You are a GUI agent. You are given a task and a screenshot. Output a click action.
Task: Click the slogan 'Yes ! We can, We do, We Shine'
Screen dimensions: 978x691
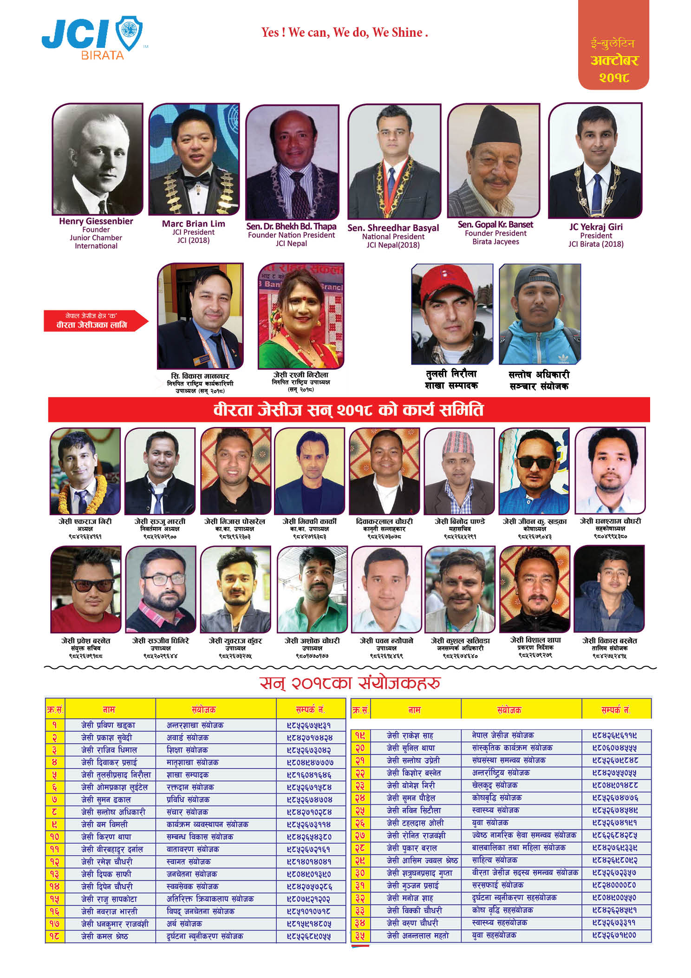tap(344, 33)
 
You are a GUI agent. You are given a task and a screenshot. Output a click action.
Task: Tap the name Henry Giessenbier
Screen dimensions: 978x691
tap(96, 221)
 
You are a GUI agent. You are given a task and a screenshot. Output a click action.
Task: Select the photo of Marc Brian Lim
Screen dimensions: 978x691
tap(194, 159)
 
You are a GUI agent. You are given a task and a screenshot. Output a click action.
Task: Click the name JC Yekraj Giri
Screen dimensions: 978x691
tap(596, 227)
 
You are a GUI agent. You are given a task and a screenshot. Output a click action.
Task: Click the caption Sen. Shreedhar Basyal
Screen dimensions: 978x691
tap(393, 228)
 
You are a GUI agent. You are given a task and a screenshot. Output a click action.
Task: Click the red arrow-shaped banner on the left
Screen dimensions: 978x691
tap(95, 321)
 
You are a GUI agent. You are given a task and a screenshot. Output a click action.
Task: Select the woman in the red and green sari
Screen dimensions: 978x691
tap(301, 316)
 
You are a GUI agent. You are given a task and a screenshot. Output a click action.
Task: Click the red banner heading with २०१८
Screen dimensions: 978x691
tap(348, 410)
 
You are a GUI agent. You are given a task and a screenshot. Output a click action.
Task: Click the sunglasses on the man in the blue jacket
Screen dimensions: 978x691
tap(535, 462)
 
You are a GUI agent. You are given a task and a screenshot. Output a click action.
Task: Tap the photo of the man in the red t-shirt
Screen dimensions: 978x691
tap(85, 589)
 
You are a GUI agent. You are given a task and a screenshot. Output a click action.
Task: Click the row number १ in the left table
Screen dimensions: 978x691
tap(54, 725)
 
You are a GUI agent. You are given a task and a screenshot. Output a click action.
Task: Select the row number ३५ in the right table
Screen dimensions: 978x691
tap(360, 936)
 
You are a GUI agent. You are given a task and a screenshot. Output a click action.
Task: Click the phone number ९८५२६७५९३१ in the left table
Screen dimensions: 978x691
tap(309, 725)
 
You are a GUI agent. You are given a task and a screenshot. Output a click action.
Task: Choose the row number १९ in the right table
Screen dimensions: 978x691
tap(360, 735)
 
